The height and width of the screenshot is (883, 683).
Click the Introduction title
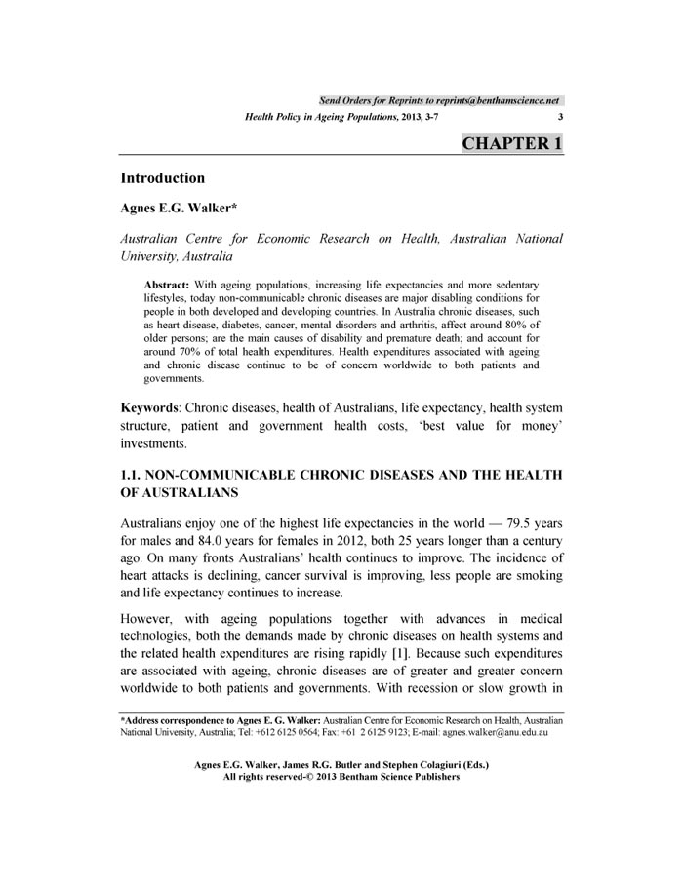[x=162, y=178]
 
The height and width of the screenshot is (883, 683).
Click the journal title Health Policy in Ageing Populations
[x=315, y=117]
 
